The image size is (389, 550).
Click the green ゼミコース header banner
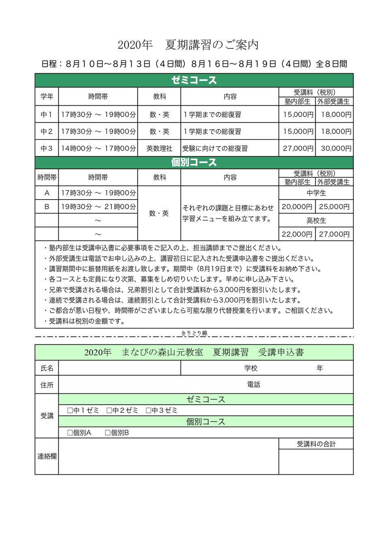(194, 80)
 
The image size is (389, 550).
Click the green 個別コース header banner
(194, 162)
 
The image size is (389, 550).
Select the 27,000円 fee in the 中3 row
(298, 148)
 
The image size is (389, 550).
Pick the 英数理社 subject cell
(159, 148)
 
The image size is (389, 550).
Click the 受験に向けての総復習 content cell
(215, 148)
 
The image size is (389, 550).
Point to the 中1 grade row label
(47, 115)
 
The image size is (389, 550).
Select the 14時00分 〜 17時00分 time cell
(98, 148)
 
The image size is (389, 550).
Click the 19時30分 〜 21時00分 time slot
(98, 206)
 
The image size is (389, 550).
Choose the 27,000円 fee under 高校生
(334, 234)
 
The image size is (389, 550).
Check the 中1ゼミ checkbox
(70, 410)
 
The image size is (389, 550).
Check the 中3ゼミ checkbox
(148, 410)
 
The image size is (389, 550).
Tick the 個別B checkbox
(108, 433)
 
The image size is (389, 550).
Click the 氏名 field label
(47, 368)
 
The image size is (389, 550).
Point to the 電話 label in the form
(254, 384)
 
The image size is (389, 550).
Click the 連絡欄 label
(47, 456)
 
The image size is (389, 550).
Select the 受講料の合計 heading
(316, 444)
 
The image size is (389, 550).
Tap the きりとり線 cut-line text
(194, 333)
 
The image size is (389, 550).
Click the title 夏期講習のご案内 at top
(212, 45)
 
